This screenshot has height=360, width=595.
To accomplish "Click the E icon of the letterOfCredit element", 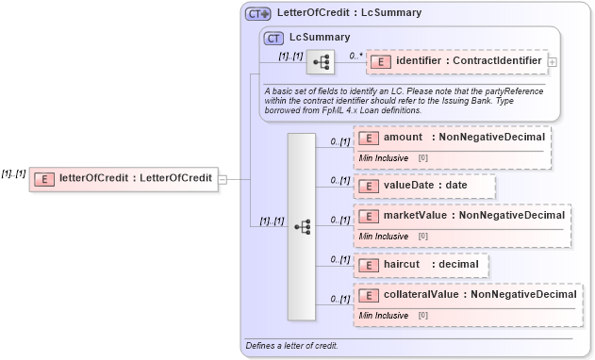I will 43,179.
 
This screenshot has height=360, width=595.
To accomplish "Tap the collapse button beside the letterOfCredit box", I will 223,179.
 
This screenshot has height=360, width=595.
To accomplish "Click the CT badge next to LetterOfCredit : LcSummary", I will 257,13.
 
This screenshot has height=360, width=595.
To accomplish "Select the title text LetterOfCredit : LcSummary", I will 349,13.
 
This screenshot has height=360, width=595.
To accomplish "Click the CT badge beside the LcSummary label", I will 273,38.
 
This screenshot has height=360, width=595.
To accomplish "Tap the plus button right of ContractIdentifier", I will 552,62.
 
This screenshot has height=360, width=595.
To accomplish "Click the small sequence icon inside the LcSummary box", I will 321,61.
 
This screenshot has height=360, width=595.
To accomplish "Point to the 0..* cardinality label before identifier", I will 355,56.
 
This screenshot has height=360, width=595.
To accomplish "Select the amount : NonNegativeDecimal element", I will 452,138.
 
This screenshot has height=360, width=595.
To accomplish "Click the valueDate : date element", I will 424,185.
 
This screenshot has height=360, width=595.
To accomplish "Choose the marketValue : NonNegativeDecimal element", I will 461,216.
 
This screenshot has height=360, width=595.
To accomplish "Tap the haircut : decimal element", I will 421,265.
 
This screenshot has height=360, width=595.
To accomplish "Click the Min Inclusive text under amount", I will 383,157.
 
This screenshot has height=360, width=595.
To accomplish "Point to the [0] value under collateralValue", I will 422,315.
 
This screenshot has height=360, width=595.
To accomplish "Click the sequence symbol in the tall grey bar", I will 302,226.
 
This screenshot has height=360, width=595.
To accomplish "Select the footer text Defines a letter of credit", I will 291,346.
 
